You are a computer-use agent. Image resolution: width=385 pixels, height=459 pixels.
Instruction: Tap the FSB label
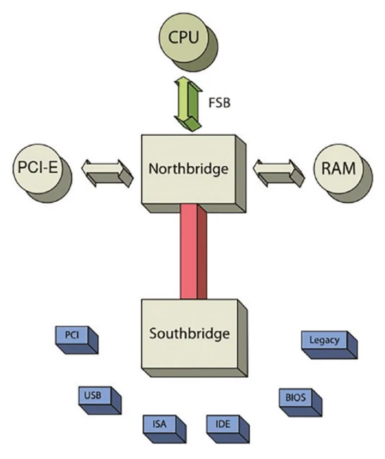click(219, 102)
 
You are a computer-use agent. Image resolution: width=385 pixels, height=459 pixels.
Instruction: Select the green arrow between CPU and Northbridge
click(188, 104)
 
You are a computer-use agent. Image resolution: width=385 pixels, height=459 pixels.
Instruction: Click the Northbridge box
click(194, 173)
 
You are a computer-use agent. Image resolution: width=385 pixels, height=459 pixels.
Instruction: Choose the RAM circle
click(343, 173)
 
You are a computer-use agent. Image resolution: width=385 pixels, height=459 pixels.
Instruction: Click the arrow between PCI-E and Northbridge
click(107, 173)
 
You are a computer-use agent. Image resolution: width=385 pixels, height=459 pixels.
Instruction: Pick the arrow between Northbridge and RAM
click(279, 173)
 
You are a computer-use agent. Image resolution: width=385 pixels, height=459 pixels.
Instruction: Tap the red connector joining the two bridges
click(194, 251)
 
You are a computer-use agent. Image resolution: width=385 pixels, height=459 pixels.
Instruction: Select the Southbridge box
click(194, 338)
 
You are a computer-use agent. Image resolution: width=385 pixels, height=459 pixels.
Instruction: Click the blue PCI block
click(77, 340)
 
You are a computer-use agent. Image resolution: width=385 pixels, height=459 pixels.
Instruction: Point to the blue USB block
click(100, 400)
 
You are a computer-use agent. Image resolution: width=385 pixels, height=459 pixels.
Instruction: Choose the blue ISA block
click(165, 429)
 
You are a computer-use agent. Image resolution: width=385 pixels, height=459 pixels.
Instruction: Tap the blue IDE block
click(228, 429)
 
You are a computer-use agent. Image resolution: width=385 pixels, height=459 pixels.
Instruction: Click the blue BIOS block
click(300, 402)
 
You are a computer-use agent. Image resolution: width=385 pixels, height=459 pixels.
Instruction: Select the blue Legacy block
click(329, 345)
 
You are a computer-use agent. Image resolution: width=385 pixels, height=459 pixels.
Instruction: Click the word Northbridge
click(188, 169)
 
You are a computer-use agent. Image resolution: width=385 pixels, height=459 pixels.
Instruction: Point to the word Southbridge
click(189, 334)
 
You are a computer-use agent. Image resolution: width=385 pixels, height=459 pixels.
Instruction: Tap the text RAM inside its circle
click(339, 168)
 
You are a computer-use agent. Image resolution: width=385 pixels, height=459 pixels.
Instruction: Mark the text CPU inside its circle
click(184, 37)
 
